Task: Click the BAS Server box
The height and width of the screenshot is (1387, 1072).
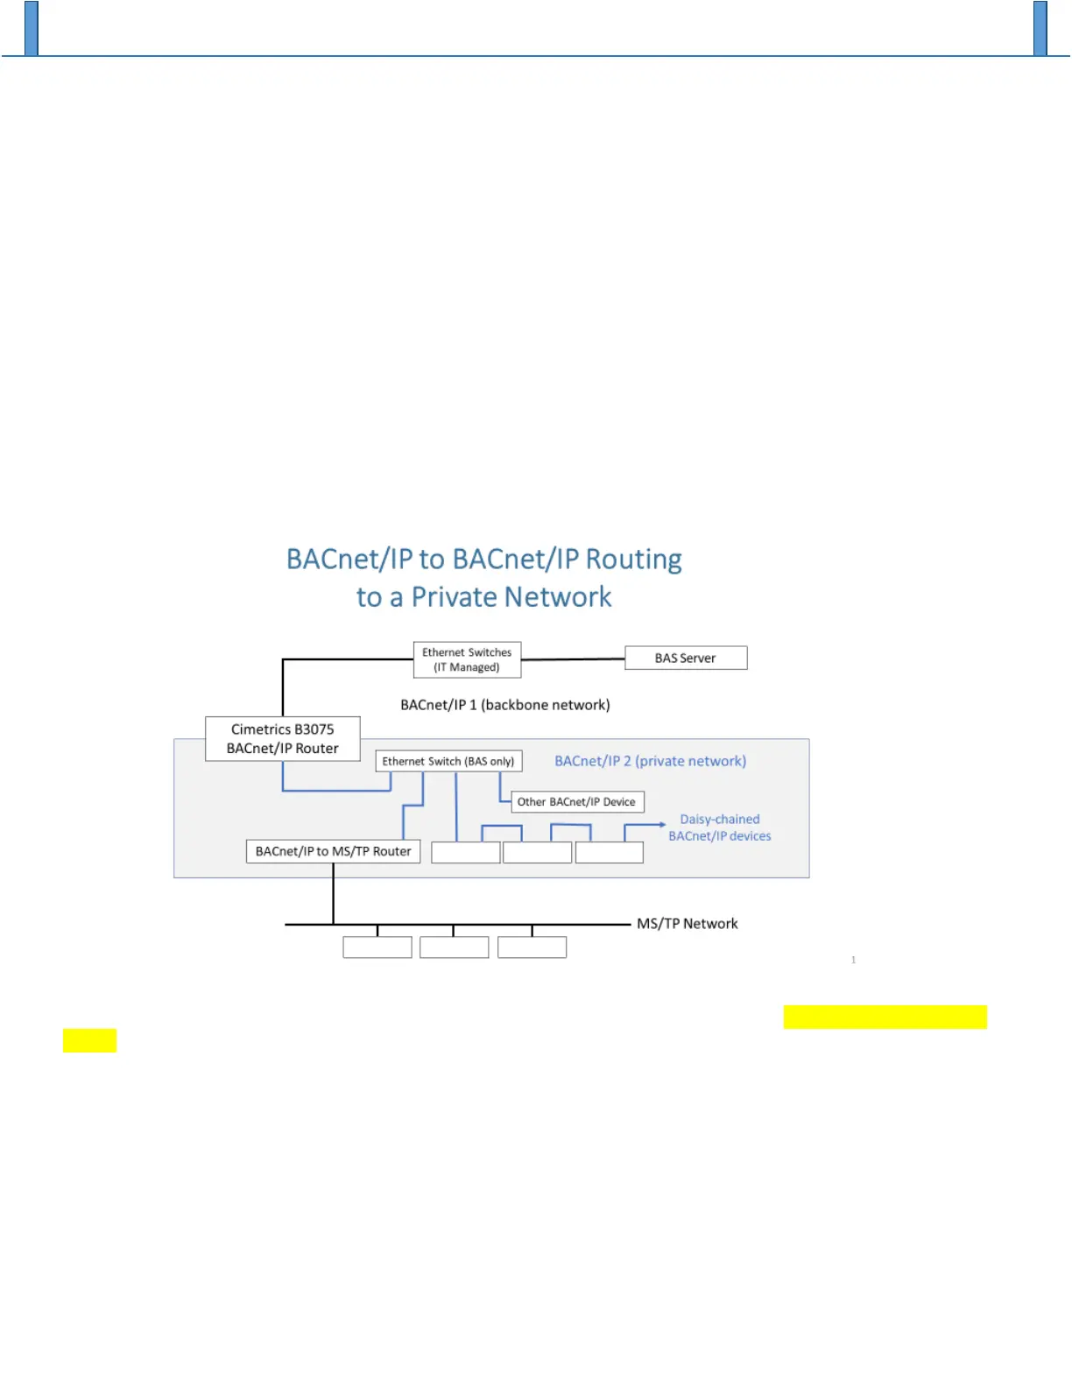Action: click(686, 658)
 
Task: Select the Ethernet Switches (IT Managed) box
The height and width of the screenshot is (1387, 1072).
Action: click(467, 659)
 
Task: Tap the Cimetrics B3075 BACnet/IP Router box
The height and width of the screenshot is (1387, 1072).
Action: click(282, 738)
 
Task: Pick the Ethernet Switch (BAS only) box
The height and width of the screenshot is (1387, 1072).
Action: click(448, 761)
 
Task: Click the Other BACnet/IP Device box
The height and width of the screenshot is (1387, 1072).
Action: click(576, 801)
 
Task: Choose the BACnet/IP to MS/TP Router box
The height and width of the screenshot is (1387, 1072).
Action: click(333, 851)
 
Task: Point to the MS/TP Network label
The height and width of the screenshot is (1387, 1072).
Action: click(688, 924)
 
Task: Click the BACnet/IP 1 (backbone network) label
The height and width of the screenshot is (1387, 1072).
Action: click(505, 705)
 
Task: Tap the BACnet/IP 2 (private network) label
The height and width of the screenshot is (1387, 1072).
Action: click(650, 761)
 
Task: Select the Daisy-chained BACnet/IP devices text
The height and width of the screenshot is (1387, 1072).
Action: click(720, 827)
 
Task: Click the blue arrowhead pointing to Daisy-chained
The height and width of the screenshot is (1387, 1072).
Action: click(661, 824)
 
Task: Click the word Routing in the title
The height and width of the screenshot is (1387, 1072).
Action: click(633, 559)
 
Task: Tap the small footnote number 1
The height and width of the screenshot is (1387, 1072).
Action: click(854, 961)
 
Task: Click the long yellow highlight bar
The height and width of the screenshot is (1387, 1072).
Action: click(885, 1017)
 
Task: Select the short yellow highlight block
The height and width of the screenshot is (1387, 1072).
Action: click(89, 1040)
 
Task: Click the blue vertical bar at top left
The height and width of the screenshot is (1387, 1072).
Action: click(32, 28)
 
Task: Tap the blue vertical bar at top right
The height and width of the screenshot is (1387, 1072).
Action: click(1040, 28)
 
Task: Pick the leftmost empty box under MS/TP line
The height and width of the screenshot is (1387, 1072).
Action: click(377, 947)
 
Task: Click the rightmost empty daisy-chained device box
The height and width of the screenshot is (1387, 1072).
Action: click(610, 852)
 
